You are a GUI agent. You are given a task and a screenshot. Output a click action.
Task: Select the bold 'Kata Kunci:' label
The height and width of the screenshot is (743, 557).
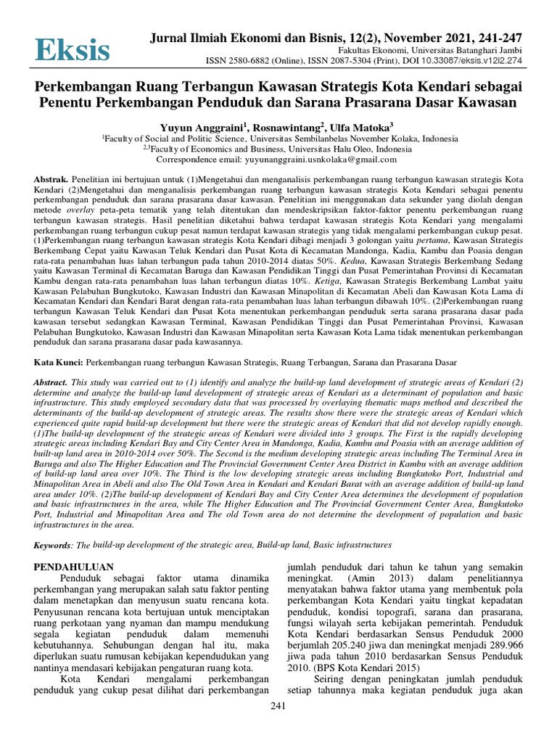coord(60,361)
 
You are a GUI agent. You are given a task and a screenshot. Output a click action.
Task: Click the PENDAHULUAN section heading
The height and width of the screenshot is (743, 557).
coord(77,565)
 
